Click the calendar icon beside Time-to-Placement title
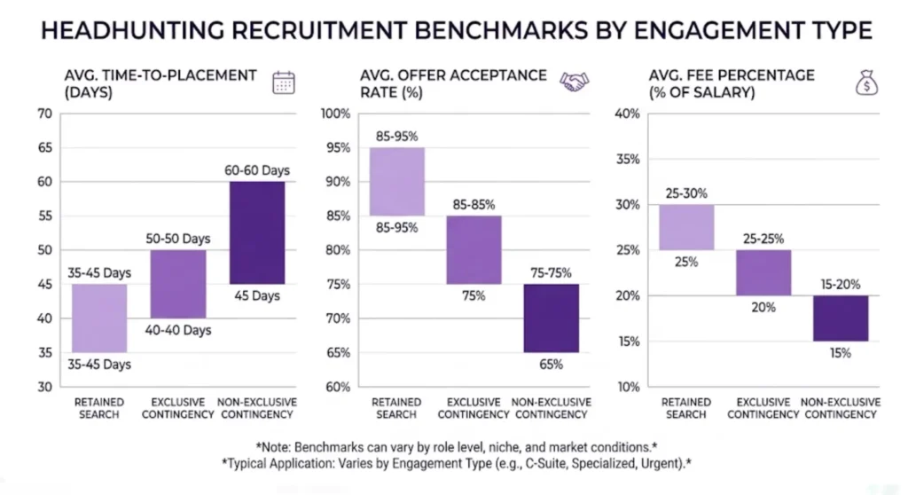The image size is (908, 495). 283,82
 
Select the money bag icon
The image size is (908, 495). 865,82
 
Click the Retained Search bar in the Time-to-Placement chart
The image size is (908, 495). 99,318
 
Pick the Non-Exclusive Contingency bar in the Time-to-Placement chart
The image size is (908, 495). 257,232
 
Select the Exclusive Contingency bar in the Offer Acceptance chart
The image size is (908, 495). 473,250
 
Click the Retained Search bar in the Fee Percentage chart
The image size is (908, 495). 687,227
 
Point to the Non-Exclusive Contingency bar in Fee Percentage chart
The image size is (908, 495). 841,318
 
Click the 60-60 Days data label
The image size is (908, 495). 257,169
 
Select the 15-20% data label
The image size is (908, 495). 841,284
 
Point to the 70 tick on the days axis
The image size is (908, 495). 44,114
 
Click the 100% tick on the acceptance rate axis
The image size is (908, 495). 337,114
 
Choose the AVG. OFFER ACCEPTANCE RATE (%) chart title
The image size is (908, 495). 453,82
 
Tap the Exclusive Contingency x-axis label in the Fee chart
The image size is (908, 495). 763,408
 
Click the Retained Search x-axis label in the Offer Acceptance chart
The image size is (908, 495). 395,408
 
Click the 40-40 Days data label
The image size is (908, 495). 178,330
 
